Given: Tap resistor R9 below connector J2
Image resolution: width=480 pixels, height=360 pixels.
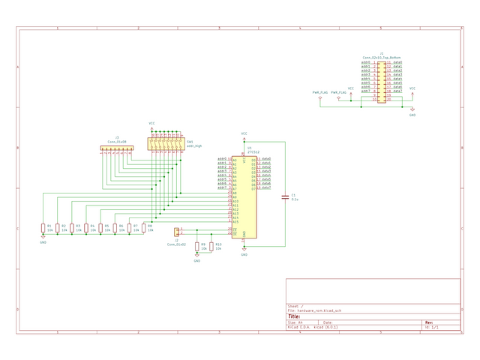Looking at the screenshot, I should click(197, 246).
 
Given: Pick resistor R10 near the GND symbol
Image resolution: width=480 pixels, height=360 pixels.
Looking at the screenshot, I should click(211, 246).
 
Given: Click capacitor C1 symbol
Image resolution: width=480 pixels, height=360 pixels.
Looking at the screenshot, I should click(284, 197).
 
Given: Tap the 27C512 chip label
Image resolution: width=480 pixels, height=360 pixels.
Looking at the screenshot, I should click(253, 152).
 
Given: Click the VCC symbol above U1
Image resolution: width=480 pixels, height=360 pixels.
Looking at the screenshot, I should click(244, 134).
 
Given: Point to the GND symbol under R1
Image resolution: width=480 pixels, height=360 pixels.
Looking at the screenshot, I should click(43, 240).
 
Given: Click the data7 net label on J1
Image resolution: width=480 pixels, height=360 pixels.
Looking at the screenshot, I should click(398, 91).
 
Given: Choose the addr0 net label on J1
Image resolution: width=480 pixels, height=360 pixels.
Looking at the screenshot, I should click(366, 62).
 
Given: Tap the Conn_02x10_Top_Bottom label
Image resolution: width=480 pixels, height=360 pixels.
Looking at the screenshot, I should click(381, 57).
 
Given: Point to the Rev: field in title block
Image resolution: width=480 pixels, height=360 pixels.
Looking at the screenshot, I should click(428, 323).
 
